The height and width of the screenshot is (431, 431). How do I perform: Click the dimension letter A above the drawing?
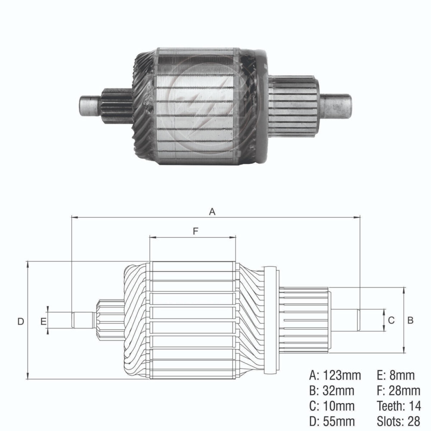[x=212, y=212]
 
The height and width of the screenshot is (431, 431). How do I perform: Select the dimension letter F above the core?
[x=195, y=231]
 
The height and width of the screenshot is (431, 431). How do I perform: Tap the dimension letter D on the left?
[x=20, y=321]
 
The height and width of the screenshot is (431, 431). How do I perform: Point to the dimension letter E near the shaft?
[x=43, y=321]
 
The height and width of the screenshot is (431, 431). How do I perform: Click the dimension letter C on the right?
[x=391, y=320]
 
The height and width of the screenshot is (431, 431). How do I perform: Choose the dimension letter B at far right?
[x=411, y=320]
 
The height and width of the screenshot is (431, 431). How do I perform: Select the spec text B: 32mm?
[x=332, y=390]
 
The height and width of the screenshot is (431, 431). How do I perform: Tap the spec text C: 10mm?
[x=332, y=406]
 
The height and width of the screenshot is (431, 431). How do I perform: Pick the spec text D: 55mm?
[x=332, y=421]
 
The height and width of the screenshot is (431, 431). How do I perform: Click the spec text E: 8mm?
[x=395, y=375]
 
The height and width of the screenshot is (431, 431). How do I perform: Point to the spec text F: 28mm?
[x=398, y=390]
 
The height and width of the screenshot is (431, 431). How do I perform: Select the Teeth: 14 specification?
[x=399, y=406]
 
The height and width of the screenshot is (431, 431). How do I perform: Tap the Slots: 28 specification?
[x=399, y=421]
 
